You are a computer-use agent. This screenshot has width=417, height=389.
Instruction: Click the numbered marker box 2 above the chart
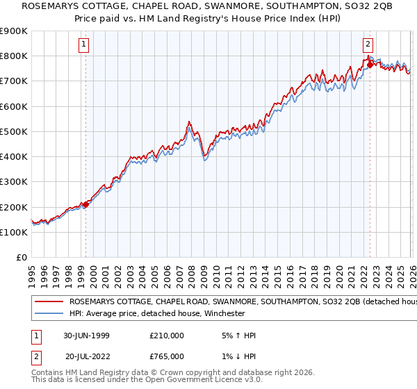(368, 43)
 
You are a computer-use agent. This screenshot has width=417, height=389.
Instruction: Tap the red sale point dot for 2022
(370, 65)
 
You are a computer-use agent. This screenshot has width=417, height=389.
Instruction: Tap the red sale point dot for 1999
(86, 204)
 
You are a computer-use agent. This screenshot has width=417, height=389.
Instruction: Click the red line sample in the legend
(49, 302)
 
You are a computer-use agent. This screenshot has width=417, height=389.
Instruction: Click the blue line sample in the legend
(49, 313)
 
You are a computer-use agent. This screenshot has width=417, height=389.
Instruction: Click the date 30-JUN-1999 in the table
(85, 336)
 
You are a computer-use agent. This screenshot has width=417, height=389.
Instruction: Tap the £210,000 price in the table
(167, 336)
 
